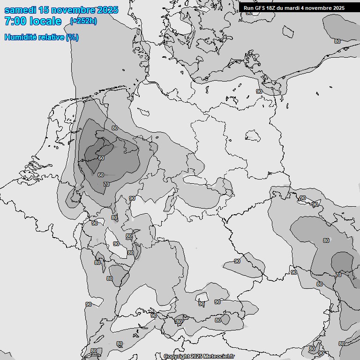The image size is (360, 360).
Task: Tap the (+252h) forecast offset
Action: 83,21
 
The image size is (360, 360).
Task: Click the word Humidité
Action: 20,37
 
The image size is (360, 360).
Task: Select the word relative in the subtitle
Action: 51,37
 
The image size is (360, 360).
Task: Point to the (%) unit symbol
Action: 72,37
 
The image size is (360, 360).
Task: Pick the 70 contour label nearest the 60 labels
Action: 106,185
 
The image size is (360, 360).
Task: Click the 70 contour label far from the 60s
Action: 339,275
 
